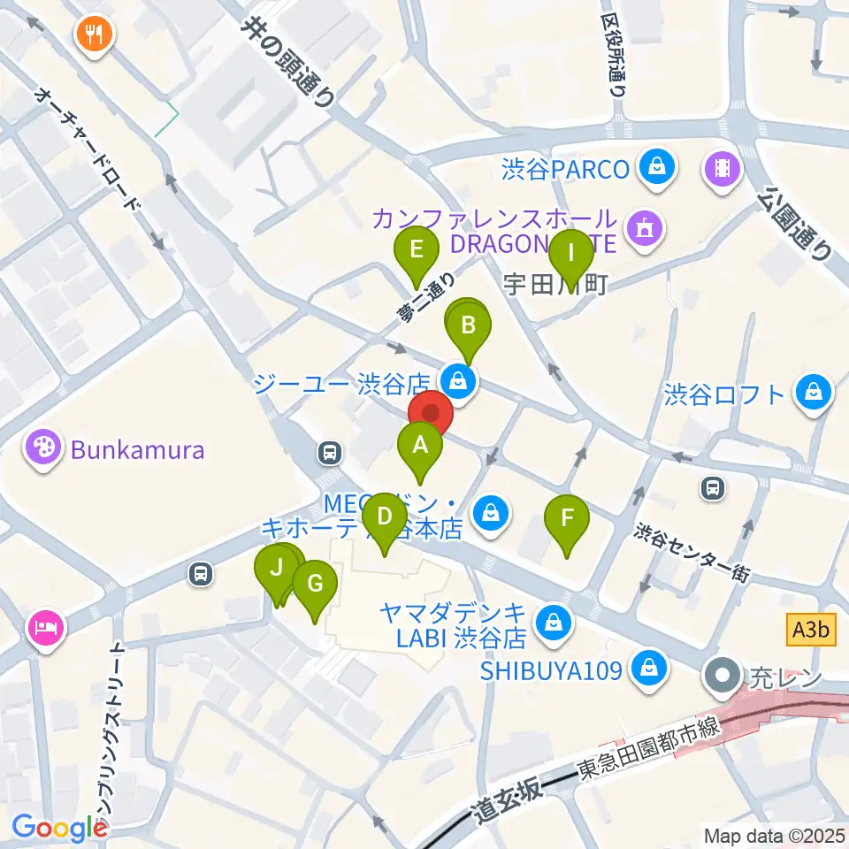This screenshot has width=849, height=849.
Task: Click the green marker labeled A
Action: pos(420,445)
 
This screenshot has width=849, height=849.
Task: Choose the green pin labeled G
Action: pos(314,584)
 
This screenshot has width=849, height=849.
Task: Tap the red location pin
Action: pos(431,414)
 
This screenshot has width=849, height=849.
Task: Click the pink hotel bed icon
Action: pos(45,629)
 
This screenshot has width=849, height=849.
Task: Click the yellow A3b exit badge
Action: pos(811,631)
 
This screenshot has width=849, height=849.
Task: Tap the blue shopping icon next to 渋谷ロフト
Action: pos(811,393)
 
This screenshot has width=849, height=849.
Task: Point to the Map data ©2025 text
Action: pos(775,835)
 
